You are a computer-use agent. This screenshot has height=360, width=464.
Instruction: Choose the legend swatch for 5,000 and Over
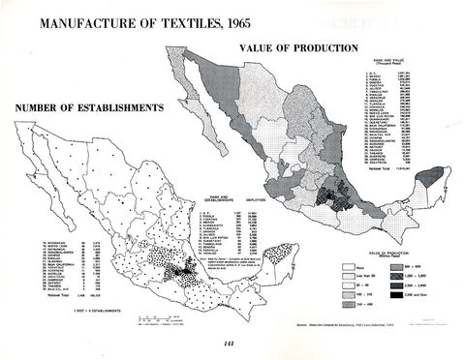395,294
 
